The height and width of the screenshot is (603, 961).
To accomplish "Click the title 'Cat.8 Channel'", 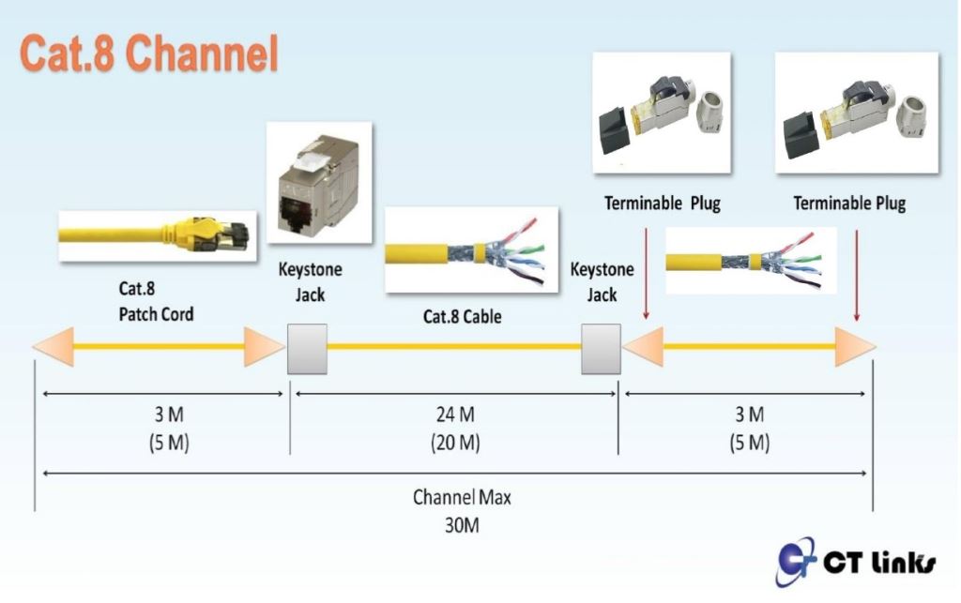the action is (x=149, y=53).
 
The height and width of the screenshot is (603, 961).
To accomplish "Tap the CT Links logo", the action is (x=856, y=561).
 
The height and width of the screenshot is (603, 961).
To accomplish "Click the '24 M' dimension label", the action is (x=455, y=415).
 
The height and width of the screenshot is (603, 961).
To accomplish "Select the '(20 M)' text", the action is (x=455, y=442).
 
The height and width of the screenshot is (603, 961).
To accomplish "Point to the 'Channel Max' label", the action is (x=462, y=497).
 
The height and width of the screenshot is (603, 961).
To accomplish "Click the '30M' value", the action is (x=462, y=525).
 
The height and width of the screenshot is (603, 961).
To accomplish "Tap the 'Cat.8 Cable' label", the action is (x=462, y=316).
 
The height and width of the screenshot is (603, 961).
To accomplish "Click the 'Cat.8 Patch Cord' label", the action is (x=156, y=301).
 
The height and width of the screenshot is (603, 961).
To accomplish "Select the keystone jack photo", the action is (x=319, y=183).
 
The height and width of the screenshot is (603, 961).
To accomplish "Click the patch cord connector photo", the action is (x=158, y=236).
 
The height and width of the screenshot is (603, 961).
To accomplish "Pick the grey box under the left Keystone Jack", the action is (x=307, y=349).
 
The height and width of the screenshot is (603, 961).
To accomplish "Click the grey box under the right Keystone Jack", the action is (x=601, y=349).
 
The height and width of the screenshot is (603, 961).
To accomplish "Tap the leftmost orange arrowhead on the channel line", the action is (x=53, y=346).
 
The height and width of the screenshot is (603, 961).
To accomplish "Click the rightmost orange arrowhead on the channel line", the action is (x=856, y=346).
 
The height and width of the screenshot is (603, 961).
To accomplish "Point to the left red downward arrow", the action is (x=646, y=274).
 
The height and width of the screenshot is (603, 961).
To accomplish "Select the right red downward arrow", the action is (x=857, y=276).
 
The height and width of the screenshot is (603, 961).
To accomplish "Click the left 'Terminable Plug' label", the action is (x=663, y=204).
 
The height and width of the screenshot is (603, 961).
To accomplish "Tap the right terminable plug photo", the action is (x=857, y=113).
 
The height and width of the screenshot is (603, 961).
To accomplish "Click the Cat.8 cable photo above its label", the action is (x=471, y=249).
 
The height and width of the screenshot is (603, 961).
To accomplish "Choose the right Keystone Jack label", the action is (x=602, y=282).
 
